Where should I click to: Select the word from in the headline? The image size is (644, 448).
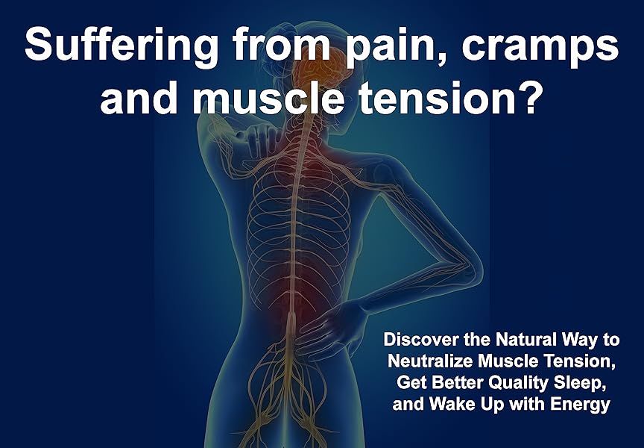click(282, 46)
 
